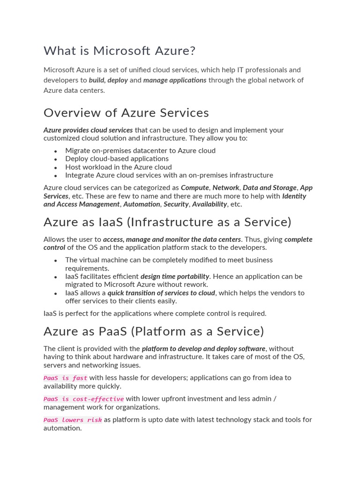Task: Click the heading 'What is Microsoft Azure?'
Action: pos(119,51)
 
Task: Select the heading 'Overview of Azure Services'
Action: pos(126,113)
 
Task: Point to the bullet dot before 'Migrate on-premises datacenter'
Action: pos(55,151)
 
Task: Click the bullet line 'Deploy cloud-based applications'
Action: pos(117,158)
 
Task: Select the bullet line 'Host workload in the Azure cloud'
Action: pos(118,167)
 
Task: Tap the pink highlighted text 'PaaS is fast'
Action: pos(65,378)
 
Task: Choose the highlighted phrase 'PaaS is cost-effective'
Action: pos(83,399)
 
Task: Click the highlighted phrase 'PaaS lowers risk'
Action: pos(73,420)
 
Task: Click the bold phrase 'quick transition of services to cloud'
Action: pos(161,293)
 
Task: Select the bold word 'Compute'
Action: pos(195,187)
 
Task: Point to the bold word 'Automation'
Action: pos(142,204)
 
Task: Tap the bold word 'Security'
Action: pos(176,204)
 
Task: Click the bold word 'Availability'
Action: pos(210,204)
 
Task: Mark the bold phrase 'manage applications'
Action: pos(175,80)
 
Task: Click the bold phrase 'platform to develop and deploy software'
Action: pos(203,349)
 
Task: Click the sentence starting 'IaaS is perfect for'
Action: pos(155,313)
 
